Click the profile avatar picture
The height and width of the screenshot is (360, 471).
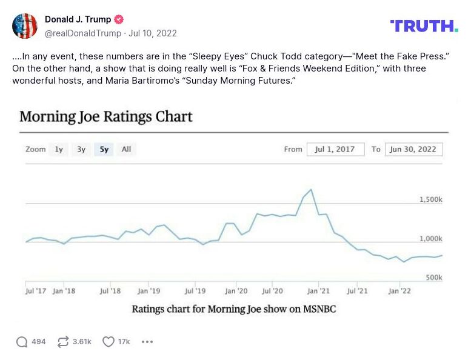(x=25, y=25)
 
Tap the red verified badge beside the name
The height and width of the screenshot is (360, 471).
(x=119, y=19)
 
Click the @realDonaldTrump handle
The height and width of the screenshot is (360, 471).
(x=83, y=33)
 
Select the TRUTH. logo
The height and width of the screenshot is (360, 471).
(x=424, y=25)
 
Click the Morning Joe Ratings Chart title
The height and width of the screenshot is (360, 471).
(x=106, y=116)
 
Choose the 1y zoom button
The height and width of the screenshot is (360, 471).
(x=59, y=149)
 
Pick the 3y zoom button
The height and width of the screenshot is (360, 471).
(x=81, y=149)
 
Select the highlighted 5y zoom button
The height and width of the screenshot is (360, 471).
(x=104, y=149)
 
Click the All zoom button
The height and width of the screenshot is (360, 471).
(x=126, y=149)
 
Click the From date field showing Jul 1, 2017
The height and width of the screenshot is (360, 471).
(x=335, y=149)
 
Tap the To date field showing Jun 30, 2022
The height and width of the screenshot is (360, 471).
(x=413, y=149)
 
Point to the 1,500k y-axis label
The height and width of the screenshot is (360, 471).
(x=430, y=199)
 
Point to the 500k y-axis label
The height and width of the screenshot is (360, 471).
(x=433, y=278)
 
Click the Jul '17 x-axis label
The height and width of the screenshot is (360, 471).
(x=36, y=291)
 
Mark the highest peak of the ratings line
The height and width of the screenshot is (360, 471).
(x=311, y=190)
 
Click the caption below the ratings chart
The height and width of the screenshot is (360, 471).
(x=233, y=309)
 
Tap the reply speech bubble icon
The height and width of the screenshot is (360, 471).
(x=22, y=342)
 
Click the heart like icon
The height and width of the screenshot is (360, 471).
(x=109, y=342)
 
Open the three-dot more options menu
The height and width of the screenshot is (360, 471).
(x=147, y=342)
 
